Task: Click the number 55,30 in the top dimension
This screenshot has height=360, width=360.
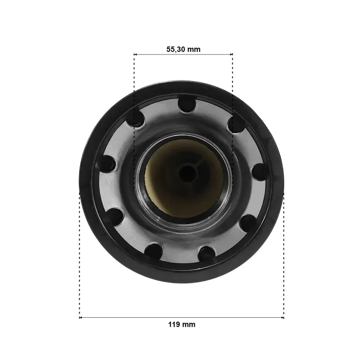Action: point(175,49)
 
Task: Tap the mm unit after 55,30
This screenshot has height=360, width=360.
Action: point(194,49)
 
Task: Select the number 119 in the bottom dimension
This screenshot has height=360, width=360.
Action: point(174,324)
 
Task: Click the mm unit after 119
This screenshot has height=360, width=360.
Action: point(189,324)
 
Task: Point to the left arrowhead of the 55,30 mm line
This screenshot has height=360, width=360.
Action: point(135,54)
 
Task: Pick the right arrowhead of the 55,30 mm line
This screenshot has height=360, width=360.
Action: point(231,54)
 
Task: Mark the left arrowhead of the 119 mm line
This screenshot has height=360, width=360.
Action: point(81,318)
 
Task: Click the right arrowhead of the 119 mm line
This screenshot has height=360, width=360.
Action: point(283,318)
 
